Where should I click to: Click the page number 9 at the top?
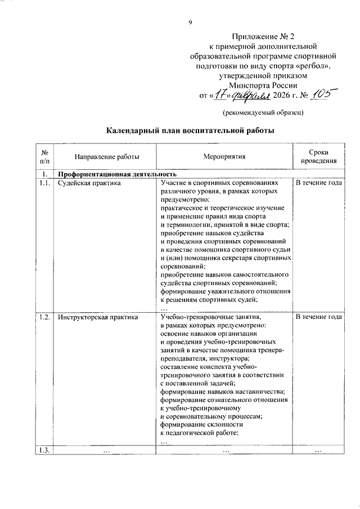[x=190, y=22]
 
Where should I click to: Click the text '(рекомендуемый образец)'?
[x=263, y=112]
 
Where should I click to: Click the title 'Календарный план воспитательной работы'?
[x=191, y=131]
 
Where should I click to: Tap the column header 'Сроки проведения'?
[x=318, y=157]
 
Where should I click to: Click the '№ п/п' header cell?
[x=44, y=157]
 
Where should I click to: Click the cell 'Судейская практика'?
[x=89, y=183]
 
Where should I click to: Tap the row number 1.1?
[x=44, y=183]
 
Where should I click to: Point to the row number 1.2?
[x=44, y=317]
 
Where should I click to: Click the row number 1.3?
[x=44, y=449]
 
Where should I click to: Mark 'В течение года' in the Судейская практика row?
[x=318, y=183]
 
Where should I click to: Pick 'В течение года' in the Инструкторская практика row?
[x=318, y=317]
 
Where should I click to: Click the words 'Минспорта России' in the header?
[x=263, y=84]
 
